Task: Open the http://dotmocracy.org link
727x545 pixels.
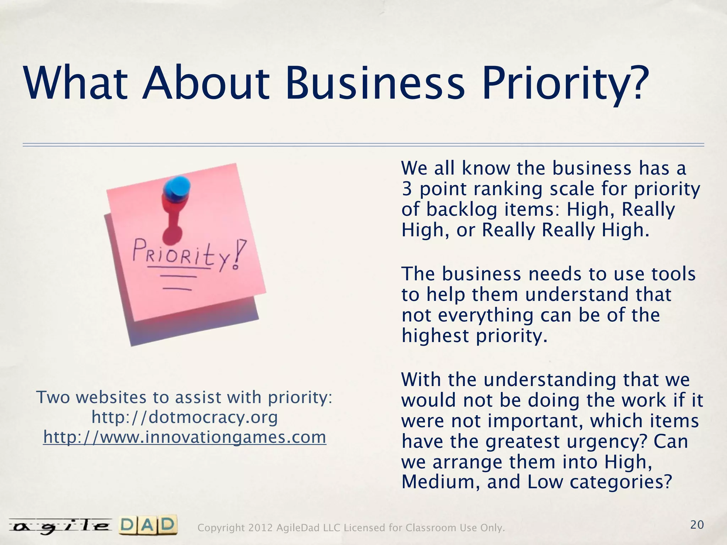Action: (185, 417)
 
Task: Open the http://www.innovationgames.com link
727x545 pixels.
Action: (185, 437)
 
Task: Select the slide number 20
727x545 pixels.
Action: (697, 525)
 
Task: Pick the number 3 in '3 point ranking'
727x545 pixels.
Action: (406, 189)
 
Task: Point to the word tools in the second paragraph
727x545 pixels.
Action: (673, 274)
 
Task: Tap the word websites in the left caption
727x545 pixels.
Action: (111, 397)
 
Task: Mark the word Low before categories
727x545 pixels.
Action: (545, 482)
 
